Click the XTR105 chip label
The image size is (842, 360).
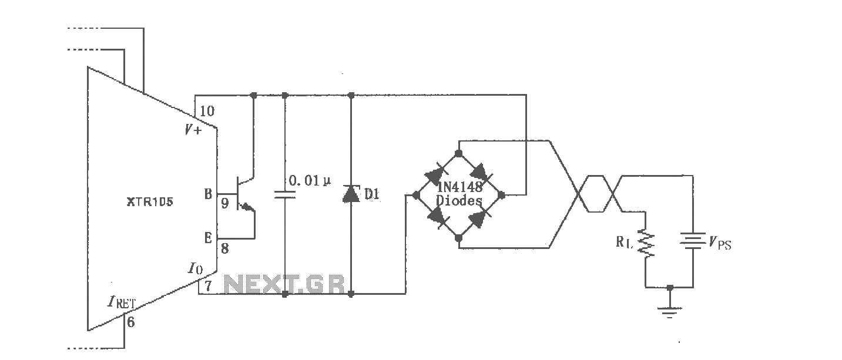[150, 202]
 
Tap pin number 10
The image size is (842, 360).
[207, 111]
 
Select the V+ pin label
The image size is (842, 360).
[193, 130]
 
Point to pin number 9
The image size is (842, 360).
[225, 203]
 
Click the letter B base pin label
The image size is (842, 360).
[208, 194]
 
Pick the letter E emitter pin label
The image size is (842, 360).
[208, 238]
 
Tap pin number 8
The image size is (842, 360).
[225, 249]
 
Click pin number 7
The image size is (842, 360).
[208, 286]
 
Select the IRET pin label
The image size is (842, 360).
[121, 302]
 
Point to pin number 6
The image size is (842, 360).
[130, 322]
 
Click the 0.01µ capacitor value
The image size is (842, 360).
[310, 181]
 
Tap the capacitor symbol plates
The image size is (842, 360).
[284, 194]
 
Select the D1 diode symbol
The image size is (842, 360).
[351, 194]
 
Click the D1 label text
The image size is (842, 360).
[372, 194]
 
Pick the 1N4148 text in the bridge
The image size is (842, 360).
[459, 187]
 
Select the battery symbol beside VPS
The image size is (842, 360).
[692, 241]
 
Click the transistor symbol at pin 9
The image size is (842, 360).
[245, 194]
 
